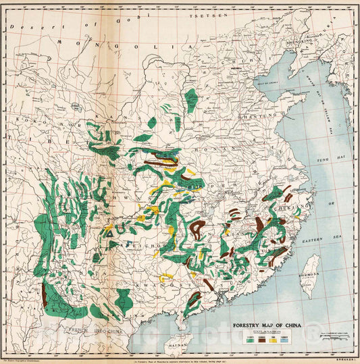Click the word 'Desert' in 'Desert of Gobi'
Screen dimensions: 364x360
(x=27, y=28)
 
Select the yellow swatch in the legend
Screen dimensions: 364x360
(x=272, y=341)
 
